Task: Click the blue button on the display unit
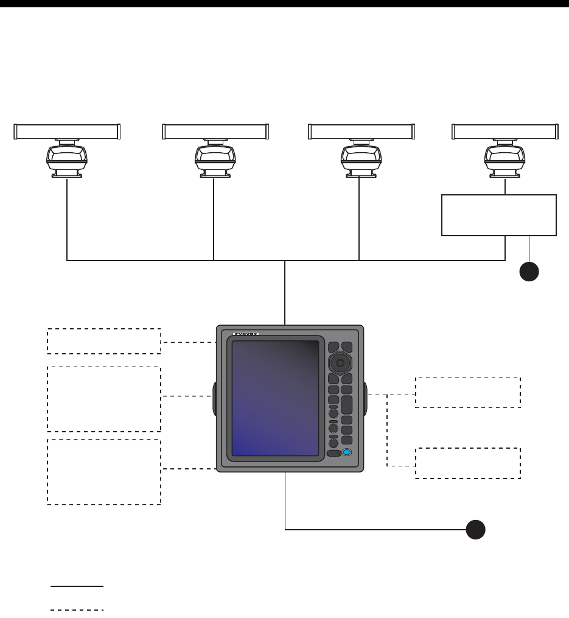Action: click(347, 453)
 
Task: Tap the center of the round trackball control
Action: click(340, 364)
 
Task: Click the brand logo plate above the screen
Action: click(246, 334)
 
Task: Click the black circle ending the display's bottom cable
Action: click(476, 530)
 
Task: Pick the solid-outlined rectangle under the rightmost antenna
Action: click(499, 215)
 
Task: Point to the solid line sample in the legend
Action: click(77, 586)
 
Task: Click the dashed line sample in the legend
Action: click(77, 609)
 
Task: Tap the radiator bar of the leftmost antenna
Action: click(67, 131)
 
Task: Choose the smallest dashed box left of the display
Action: click(104, 341)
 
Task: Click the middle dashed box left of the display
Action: click(104, 399)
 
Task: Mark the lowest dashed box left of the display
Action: click(104, 472)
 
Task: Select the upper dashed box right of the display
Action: click(468, 392)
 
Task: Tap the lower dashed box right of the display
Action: click(468, 463)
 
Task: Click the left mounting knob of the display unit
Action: click(214, 397)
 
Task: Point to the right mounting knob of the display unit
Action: click(367, 397)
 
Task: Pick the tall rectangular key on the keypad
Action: click(346, 405)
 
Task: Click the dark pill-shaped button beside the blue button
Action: click(333, 454)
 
